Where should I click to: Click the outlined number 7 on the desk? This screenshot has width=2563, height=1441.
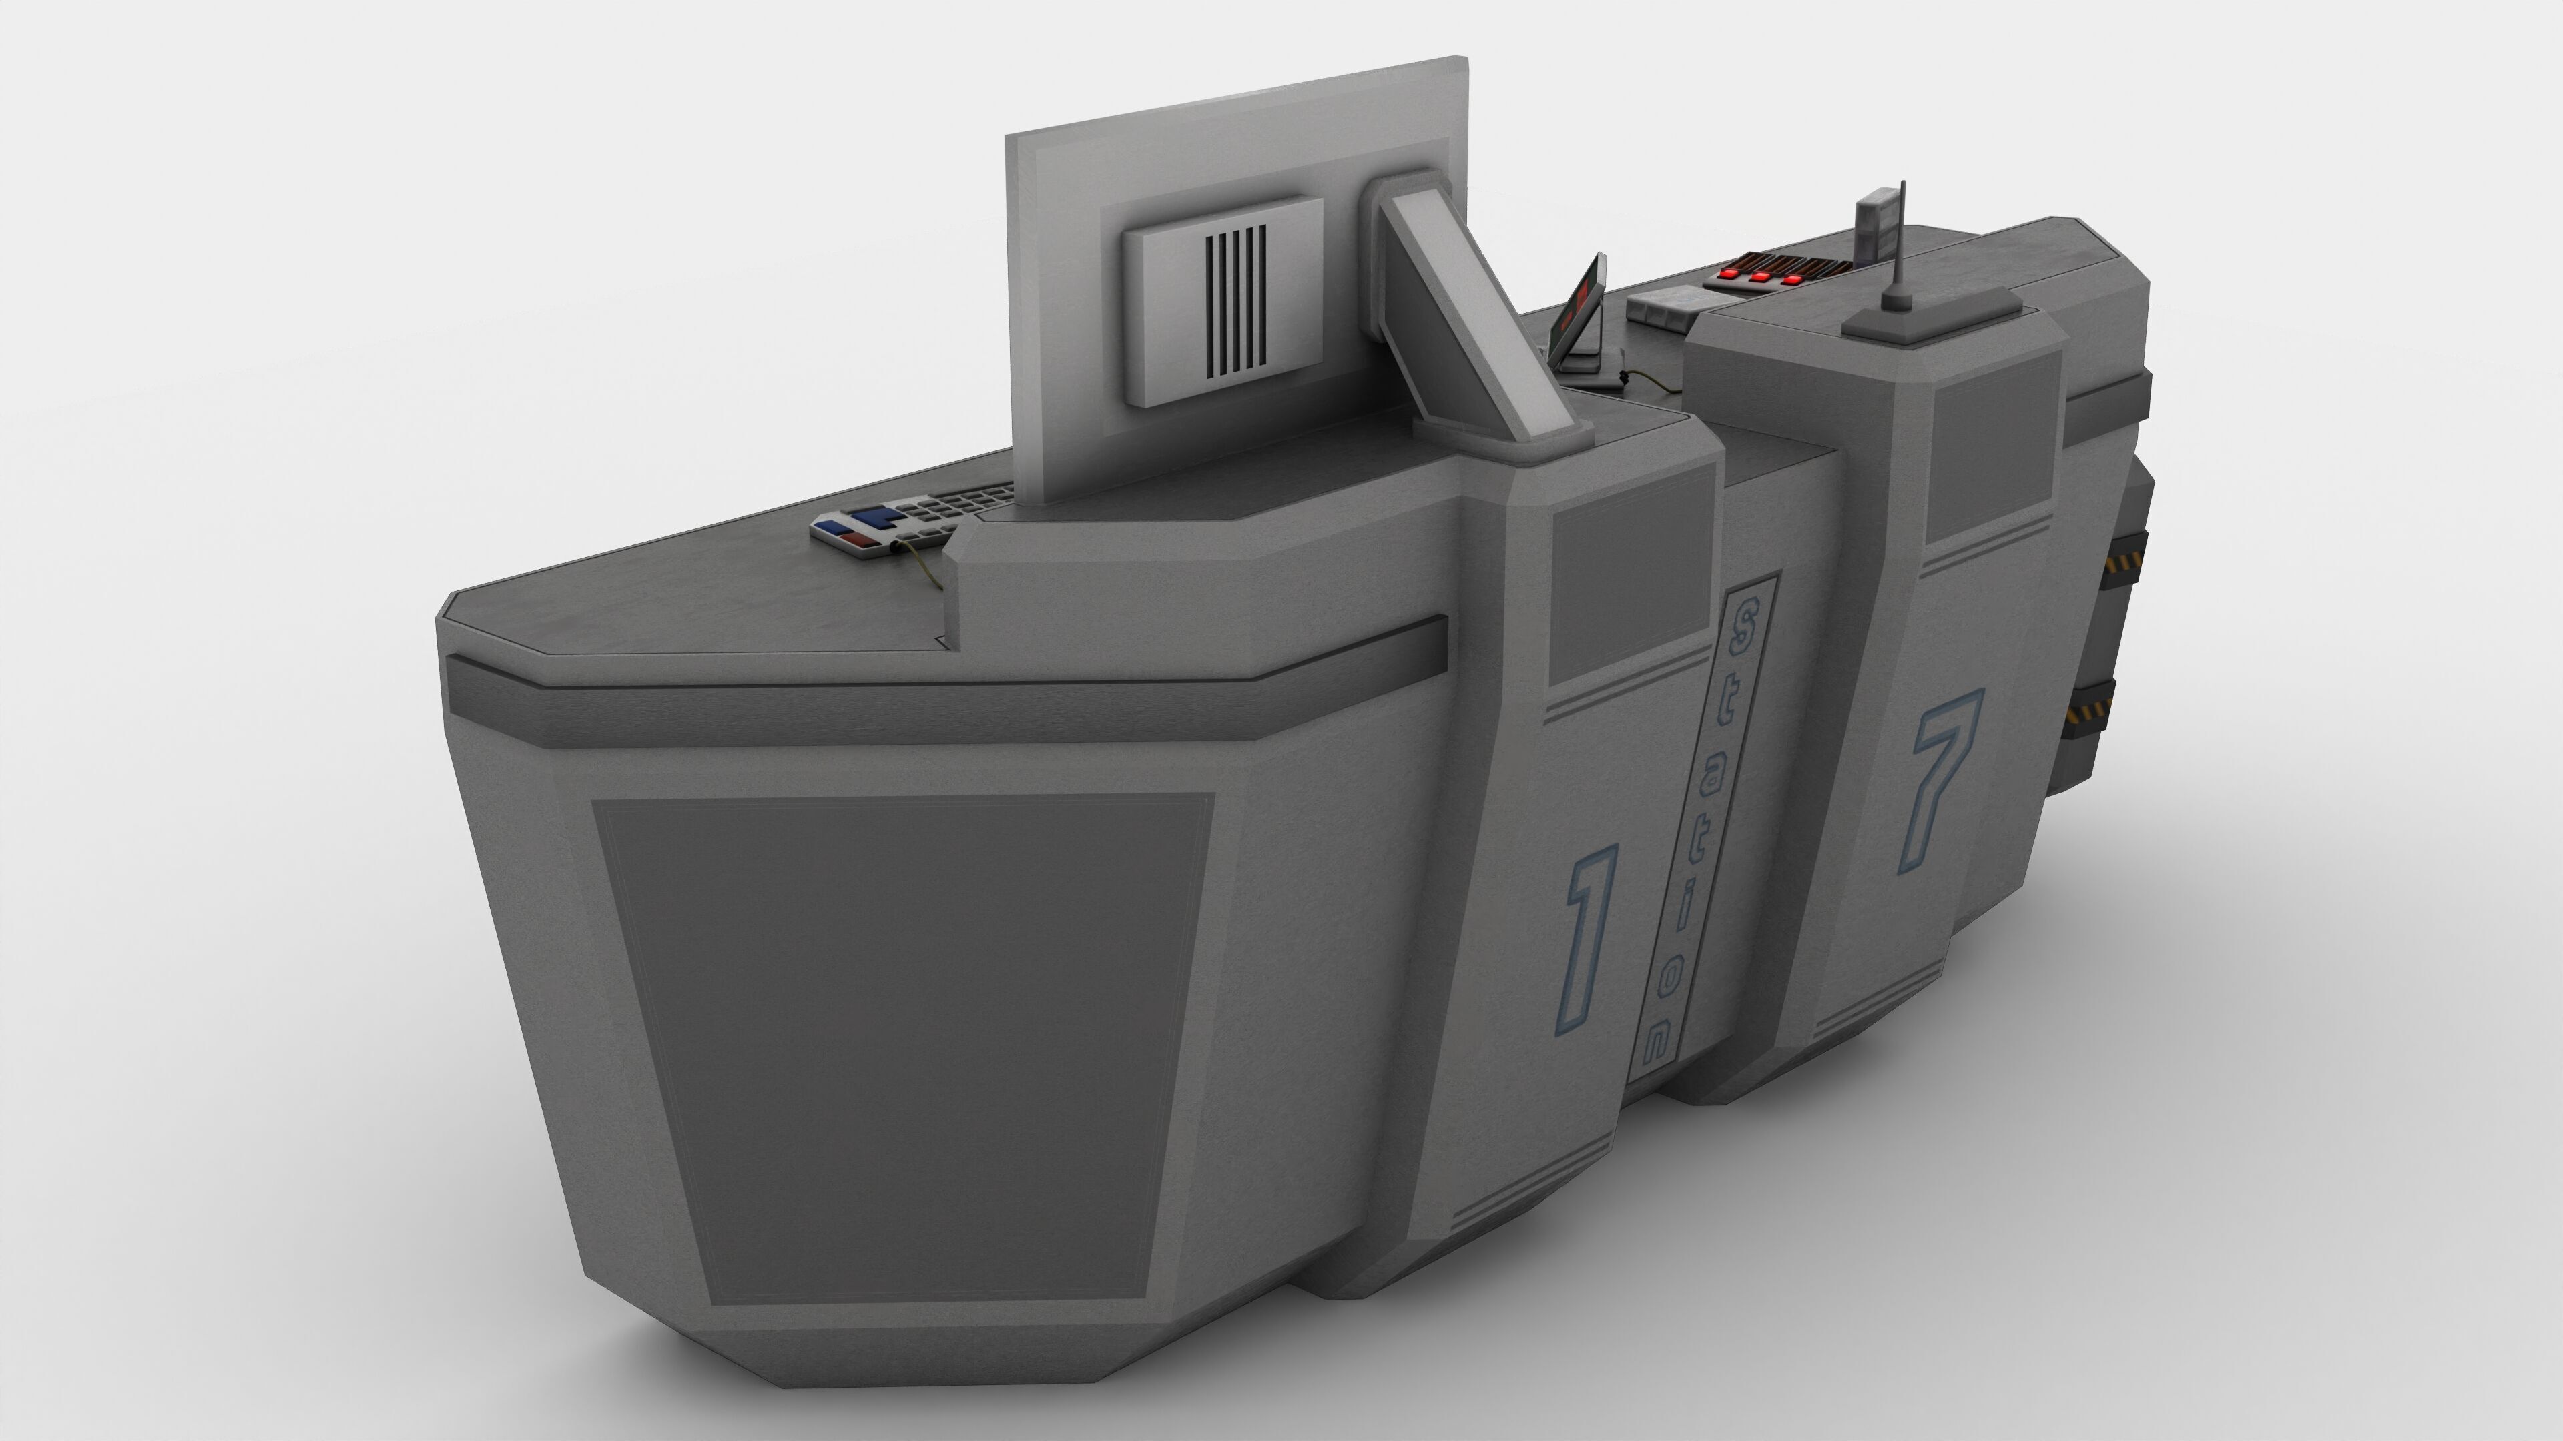point(1941,776)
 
